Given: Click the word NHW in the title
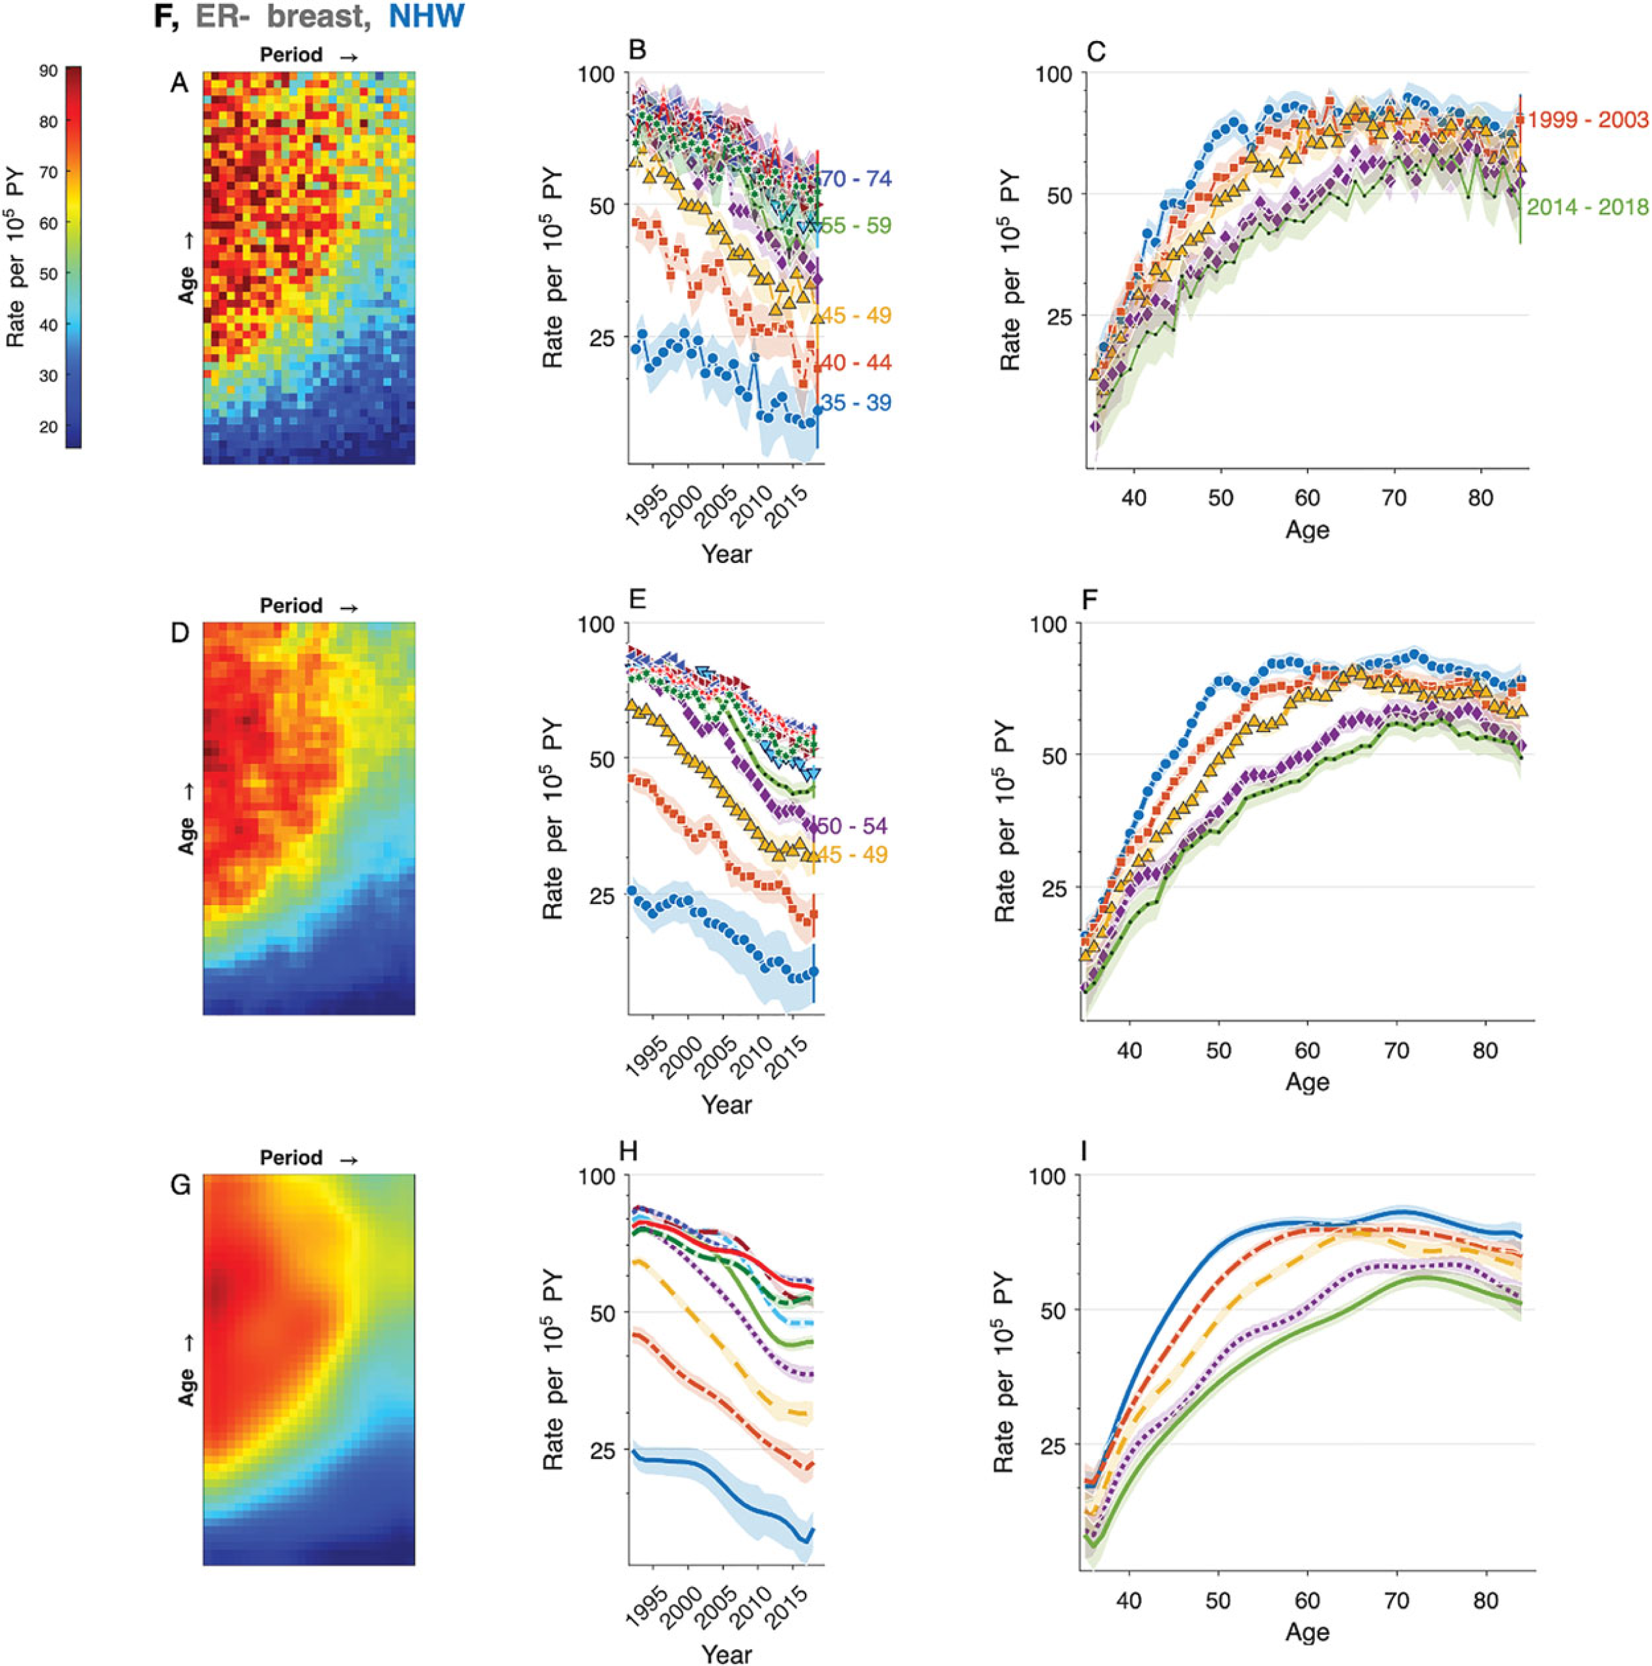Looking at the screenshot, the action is tap(427, 16).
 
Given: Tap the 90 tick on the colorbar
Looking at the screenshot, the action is tap(47, 71).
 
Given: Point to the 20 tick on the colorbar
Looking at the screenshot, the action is tap(47, 427).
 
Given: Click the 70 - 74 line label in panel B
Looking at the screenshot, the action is tap(856, 180).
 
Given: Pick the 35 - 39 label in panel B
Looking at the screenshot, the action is tap(856, 403).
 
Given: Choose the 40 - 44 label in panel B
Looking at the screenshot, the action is tap(856, 362).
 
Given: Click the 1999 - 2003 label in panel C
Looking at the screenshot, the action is tap(1588, 120).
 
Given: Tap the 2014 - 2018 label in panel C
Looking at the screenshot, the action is tap(1588, 207).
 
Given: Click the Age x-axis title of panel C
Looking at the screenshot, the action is tap(1307, 530).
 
